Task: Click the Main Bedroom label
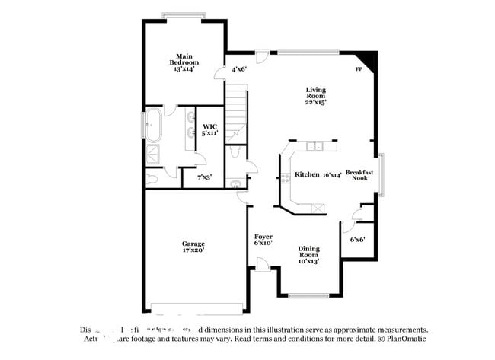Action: pos(184,62)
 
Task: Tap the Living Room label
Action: pos(315,95)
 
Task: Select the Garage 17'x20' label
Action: pos(193,247)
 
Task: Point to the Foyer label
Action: pos(263,240)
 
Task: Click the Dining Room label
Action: pos(308,253)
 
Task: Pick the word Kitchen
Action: pos(306,174)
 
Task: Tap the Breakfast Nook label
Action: pos(360,175)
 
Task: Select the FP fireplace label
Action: pos(359,70)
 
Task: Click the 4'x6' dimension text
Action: pos(239,69)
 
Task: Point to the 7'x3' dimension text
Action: pos(204,177)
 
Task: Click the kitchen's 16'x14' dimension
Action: pos(331,174)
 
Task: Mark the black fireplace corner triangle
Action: pos(369,59)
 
